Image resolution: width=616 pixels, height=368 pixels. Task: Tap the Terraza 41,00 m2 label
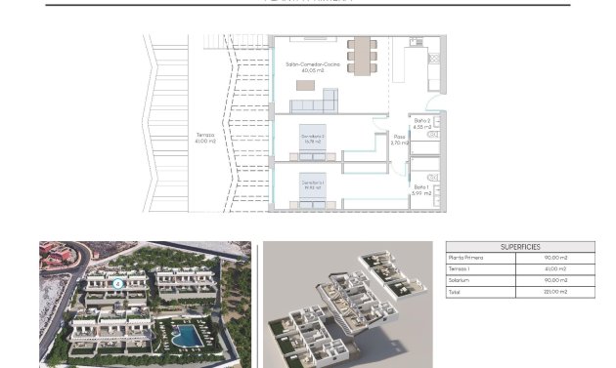click(x=205, y=138)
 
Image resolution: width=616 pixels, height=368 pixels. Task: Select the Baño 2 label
click(x=421, y=122)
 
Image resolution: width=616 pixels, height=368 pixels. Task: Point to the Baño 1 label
click(x=421, y=188)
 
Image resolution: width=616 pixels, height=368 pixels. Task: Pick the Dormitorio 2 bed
click(x=312, y=140)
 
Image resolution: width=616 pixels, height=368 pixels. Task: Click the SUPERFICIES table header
click(x=519, y=248)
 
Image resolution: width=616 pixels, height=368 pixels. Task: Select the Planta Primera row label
click(x=466, y=258)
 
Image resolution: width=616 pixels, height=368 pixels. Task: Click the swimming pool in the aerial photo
click(x=185, y=336)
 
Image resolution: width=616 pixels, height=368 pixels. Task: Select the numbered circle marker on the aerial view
click(x=117, y=284)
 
